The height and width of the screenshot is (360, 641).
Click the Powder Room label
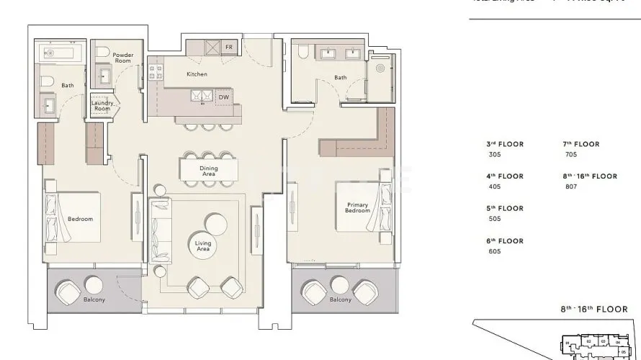pos(113,58)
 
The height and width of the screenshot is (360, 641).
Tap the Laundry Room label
pos(101,106)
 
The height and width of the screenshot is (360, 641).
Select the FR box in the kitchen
pos(228,47)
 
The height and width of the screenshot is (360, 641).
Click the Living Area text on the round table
pos(203,246)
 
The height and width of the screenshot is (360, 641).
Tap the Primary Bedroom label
pos(357,208)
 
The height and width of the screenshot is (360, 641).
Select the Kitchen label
pos(197,74)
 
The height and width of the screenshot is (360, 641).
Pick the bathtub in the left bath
pos(61,53)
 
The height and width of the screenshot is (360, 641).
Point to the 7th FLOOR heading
pos(581,144)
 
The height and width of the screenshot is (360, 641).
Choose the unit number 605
pos(494,251)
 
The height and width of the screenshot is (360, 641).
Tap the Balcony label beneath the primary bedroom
pos(340,300)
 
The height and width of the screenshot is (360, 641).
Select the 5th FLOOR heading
pos(506,209)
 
